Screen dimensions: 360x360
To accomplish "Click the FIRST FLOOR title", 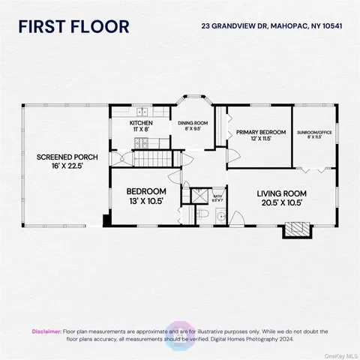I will point(73,26).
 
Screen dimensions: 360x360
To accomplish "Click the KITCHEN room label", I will point(141,125).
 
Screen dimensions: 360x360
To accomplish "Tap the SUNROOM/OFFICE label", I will point(313,135).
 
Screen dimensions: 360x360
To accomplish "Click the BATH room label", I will point(217,196).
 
